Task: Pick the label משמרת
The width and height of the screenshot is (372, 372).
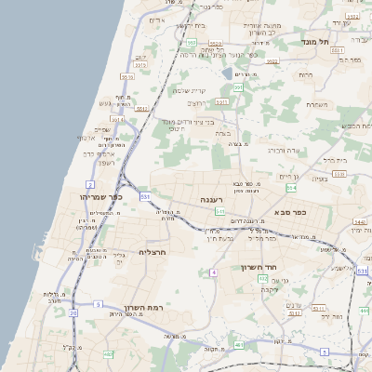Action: click(318, 104)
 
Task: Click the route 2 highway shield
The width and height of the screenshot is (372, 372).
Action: click(89, 185)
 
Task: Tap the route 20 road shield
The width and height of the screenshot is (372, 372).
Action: click(73, 312)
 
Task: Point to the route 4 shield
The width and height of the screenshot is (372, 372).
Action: click(213, 272)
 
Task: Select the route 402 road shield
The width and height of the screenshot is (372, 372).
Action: click(262, 278)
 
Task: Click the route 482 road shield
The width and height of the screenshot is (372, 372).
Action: click(108, 353)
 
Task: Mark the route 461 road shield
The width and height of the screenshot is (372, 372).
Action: click(239, 345)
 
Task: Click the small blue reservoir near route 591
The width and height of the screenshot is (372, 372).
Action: click(226, 73)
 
